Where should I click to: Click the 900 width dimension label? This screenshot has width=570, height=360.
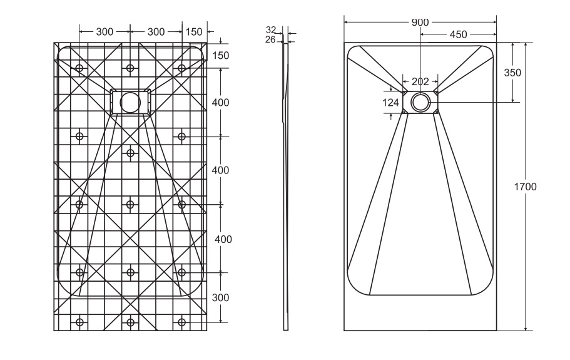coord(420,22)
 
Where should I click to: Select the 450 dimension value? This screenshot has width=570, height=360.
coord(457,34)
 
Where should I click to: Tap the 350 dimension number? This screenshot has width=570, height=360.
coord(512,73)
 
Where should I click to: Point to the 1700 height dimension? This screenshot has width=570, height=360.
coord(525,187)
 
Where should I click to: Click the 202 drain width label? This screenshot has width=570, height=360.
coord(420,81)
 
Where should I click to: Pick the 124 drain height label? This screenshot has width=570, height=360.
coord(390,102)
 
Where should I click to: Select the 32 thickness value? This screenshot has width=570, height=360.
coord(271,30)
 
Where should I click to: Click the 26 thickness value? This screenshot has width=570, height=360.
coord(271,39)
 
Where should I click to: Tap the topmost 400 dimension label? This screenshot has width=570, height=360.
coord(221,102)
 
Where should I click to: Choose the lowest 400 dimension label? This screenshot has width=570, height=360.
coord(223,239)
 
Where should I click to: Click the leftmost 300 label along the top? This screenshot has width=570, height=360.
coord(104,32)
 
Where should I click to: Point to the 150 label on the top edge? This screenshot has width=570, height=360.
coord(194,32)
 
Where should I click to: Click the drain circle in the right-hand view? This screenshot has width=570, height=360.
coord(420,101)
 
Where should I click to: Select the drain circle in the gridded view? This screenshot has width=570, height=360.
coord(130,101)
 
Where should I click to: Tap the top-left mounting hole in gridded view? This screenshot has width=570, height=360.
coord(79,68)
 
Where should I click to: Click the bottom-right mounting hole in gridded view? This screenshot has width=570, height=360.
coord(181,322)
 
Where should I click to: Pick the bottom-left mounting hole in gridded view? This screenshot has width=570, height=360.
coord(79,322)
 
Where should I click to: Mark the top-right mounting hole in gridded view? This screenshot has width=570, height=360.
coord(181,68)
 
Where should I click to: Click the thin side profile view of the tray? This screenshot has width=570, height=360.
coord(287,188)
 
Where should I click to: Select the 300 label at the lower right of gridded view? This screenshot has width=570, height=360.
coord(220,297)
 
